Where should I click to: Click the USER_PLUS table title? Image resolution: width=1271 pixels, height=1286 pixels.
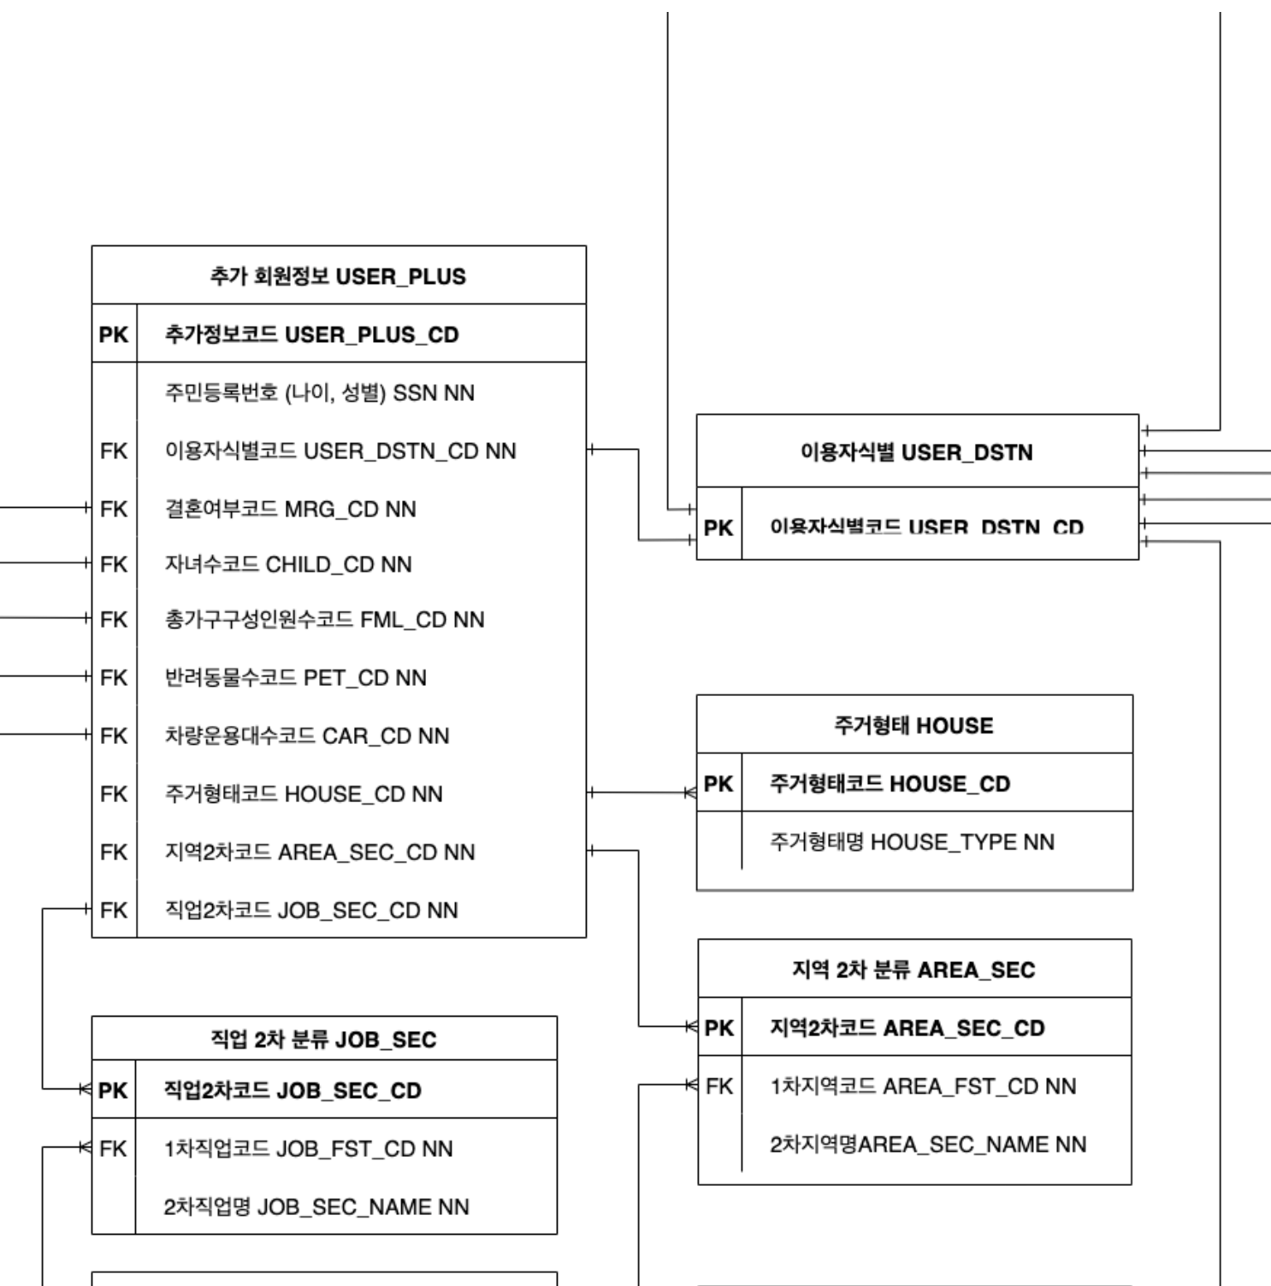point(338,276)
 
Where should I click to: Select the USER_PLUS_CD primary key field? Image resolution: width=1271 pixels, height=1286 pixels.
point(311,334)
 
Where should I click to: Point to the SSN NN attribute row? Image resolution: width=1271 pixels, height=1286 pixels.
point(319,392)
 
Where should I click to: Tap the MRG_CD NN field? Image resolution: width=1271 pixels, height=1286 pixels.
point(290,509)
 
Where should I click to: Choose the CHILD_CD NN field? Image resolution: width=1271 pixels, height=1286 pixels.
point(287,564)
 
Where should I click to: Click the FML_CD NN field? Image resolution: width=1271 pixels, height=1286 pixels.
point(324,619)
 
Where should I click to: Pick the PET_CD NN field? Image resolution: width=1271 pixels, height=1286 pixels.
point(295,677)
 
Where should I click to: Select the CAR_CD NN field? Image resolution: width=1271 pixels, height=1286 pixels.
point(306,735)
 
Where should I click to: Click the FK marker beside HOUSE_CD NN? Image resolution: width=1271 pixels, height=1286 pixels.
point(113,793)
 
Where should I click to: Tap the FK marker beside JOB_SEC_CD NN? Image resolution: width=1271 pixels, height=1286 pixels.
point(113,910)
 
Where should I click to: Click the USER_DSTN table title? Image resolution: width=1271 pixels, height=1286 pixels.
point(916,451)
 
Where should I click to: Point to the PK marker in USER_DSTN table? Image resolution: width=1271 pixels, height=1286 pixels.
point(718,528)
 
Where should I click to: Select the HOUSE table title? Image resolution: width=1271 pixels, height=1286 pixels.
point(913,725)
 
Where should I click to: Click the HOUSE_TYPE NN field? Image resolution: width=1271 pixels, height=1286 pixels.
point(912,841)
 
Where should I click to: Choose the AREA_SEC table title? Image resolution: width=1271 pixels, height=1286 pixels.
point(913,970)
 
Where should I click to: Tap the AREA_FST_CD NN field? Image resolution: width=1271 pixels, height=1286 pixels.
point(923,1086)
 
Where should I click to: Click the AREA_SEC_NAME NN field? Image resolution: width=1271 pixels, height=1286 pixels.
point(928,1144)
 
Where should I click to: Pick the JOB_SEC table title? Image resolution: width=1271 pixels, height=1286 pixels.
point(323,1040)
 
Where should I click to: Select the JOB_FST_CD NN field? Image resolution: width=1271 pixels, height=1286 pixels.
point(308,1148)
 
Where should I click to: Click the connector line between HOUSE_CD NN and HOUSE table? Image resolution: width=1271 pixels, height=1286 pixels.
point(641,793)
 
